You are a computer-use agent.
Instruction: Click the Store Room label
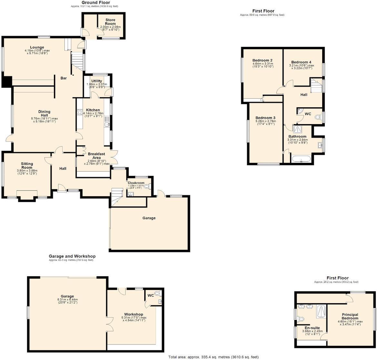coord(110,22)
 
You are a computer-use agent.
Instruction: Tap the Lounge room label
coord(37,48)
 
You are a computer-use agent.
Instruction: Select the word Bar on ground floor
coord(64,78)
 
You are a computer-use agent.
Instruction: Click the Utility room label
coord(96,81)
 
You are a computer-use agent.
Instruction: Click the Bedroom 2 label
coord(263,60)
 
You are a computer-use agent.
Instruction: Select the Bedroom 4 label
coord(301,62)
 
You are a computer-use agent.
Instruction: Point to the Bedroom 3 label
coord(265,118)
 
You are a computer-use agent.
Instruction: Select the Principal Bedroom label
coord(350,316)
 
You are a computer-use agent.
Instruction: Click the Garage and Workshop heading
coord(72,256)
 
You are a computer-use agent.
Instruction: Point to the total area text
coord(213,357)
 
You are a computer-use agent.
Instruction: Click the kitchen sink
coord(107,124)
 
